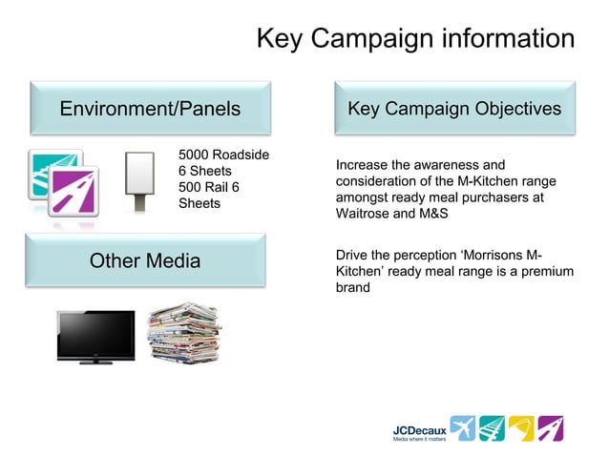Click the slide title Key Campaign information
tap(415, 39)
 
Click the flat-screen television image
tap(95, 336)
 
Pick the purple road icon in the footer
tap(551, 428)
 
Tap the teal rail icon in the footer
tap(492, 428)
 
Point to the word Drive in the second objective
tap(353, 256)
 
